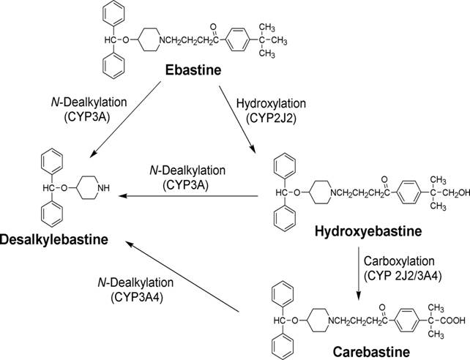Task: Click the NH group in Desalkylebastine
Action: (x=103, y=189)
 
